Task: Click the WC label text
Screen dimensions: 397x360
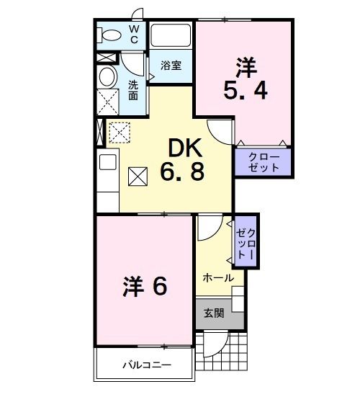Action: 135,33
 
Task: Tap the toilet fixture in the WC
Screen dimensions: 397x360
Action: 110,35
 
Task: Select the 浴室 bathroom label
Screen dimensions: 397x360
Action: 171,64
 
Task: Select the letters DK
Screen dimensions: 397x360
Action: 186,148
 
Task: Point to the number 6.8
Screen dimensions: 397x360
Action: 186,173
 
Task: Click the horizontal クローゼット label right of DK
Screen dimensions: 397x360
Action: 264,162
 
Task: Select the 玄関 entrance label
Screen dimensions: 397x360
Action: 214,313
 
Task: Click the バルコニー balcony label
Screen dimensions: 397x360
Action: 144,365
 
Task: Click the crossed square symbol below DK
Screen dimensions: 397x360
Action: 138,175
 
